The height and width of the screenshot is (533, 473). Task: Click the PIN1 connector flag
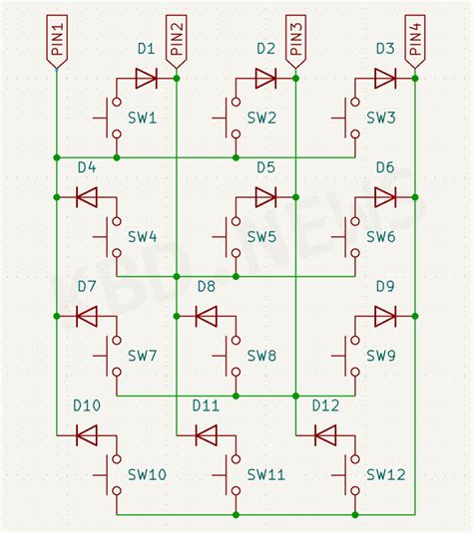tap(57, 41)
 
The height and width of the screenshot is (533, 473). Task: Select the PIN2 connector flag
tap(177, 41)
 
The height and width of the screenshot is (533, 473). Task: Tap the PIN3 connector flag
tap(295, 41)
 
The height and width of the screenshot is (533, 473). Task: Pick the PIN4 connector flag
tap(415, 41)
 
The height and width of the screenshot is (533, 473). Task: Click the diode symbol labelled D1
tap(147, 78)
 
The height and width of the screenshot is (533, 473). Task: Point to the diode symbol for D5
tap(265, 197)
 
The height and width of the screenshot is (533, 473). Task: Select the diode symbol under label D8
tap(207, 316)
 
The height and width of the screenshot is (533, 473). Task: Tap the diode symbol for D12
tap(325, 435)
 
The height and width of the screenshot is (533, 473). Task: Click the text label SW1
tap(143, 119)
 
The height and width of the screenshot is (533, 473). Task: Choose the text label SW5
tap(261, 238)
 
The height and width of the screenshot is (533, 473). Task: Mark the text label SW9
tap(381, 356)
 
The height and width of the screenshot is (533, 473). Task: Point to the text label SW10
tap(147, 475)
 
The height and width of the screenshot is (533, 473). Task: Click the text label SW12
tap(385, 475)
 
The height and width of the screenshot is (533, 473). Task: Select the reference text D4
tap(87, 166)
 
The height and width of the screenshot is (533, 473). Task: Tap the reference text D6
tap(385, 166)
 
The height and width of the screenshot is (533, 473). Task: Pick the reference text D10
tap(87, 405)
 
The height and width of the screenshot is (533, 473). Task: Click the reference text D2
tap(265, 48)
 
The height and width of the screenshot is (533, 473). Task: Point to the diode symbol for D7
tap(87, 316)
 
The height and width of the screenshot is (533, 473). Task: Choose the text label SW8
tap(261, 356)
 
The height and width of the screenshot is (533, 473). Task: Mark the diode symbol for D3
tap(385, 78)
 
